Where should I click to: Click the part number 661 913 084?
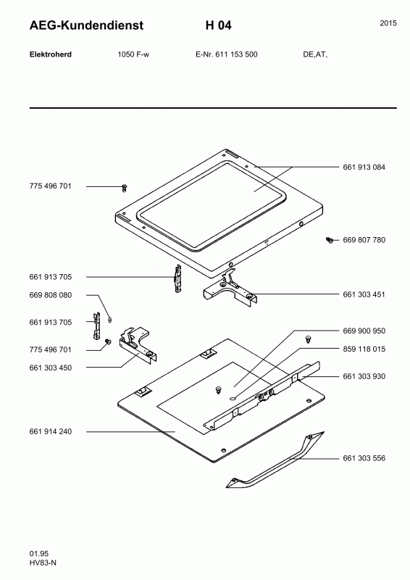364,167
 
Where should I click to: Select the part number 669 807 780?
364,240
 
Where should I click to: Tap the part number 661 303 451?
364,294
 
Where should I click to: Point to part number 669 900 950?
364,331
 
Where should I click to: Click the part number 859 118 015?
364,349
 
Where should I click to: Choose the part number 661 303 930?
364,376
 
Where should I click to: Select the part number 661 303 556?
364,458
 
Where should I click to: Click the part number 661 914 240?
50,431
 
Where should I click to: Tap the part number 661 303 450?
50,368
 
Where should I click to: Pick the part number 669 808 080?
50,295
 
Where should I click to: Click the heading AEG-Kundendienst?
86,25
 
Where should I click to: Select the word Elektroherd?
50,54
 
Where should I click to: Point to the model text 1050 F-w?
133,54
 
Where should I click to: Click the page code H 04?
219,25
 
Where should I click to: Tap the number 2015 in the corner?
388,23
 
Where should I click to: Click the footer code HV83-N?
43,563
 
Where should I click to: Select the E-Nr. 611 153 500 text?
226,54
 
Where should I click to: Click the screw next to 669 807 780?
330,240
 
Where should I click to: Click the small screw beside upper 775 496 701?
125,188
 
